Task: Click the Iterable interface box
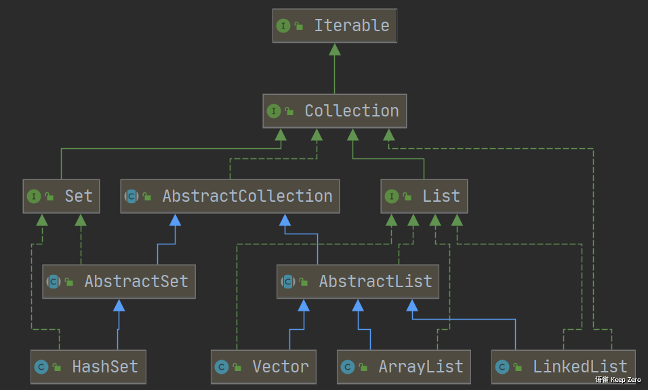pos(334,26)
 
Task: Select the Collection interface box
pos(334,111)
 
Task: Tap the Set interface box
pos(61,196)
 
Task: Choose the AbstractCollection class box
pos(230,196)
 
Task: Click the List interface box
pos(424,196)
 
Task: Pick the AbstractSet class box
pos(119,282)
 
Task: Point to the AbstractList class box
pos(358,282)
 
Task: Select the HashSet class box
pos(88,367)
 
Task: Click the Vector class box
pos(263,367)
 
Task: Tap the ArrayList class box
pos(404,367)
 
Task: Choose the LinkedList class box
pos(563,367)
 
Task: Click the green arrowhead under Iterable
pos(334,49)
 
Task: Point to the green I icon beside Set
pos(34,196)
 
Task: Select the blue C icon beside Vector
pos(222,367)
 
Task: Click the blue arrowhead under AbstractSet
pos(119,305)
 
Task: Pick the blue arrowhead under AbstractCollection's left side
pos(175,220)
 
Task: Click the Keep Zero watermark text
pos(618,380)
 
